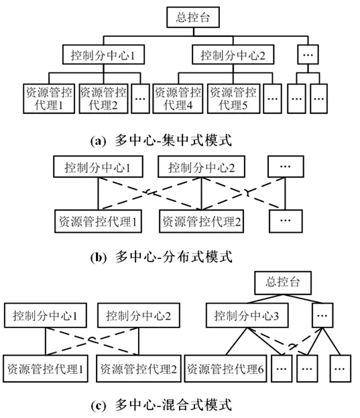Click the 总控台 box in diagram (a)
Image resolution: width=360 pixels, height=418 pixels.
[x=193, y=17]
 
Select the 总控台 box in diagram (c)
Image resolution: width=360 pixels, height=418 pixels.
[x=283, y=283]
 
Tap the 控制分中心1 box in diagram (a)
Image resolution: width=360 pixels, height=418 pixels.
[x=104, y=54]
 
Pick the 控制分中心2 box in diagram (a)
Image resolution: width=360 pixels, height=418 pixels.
[x=233, y=54]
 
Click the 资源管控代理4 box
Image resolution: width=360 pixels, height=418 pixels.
[x=178, y=99]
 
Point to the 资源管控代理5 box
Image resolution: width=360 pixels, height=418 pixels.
[x=233, y=99]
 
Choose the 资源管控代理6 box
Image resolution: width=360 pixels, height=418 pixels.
[x=225, y=368]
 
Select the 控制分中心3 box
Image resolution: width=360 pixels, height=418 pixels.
[x=247, y=315]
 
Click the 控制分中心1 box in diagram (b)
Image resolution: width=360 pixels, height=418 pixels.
[x=98, y=167]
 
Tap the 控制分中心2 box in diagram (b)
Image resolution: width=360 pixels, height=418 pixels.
[x=201, y=167]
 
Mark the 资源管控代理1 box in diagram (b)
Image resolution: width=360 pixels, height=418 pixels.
[x=98, y=221]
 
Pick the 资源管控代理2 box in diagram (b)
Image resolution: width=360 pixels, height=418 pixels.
[x=202, y=221]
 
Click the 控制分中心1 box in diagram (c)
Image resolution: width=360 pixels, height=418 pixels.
[x=46, y=315]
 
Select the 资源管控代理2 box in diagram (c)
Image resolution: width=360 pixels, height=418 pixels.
[x=139, y=368]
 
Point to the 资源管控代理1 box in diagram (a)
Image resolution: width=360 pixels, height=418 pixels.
[x=49, y=99]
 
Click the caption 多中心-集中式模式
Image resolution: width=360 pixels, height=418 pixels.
[x=161, y=140]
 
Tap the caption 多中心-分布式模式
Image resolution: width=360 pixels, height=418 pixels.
[x=161, y=257]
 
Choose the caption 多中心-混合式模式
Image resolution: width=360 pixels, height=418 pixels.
[x=161, y=405]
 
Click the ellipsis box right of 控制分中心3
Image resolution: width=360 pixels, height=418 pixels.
[x=322, y=315]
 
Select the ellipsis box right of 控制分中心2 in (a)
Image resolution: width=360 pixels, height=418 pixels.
[x=308, y=54]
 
